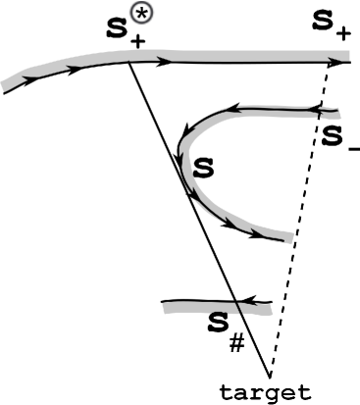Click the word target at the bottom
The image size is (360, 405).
click(x=270, y=393)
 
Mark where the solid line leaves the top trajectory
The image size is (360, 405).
click(x=129, y=62)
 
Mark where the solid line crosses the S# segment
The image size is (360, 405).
click(x=233, y=305)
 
